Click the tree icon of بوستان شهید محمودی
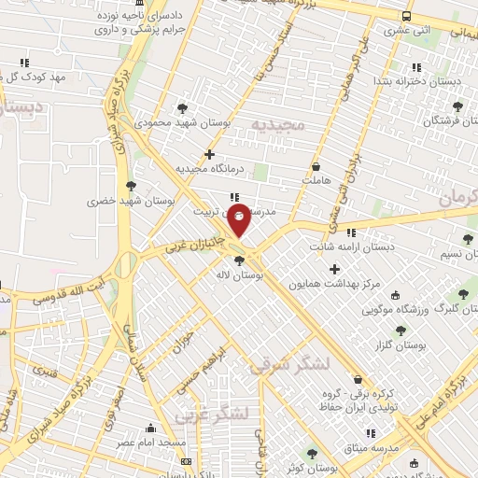coord(182,108)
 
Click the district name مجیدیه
coord(277,123)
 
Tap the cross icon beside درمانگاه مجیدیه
coord(209,154)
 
